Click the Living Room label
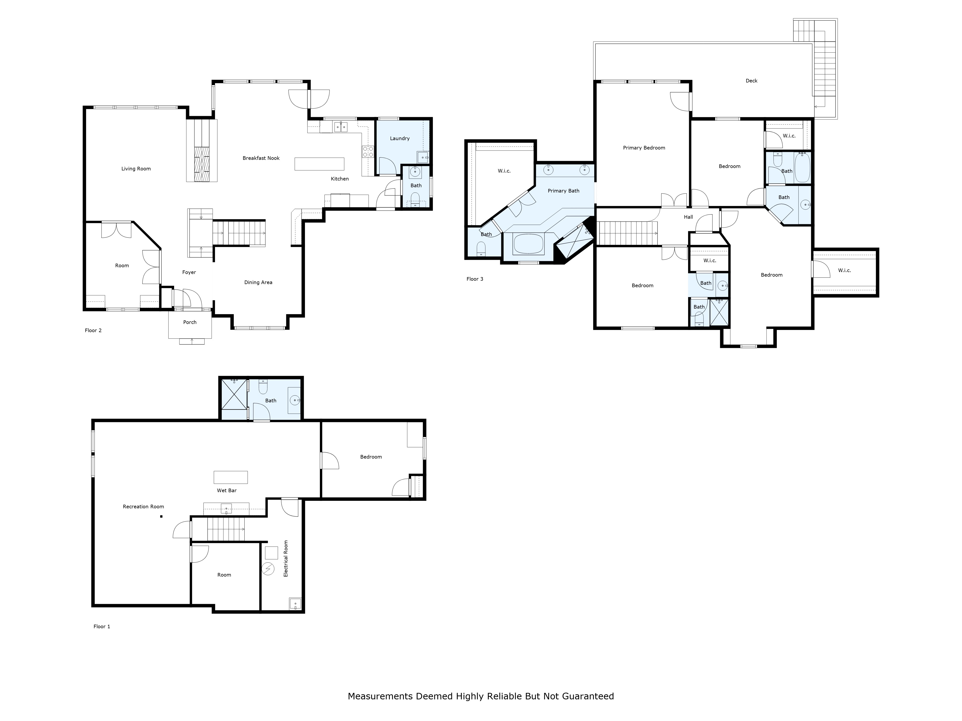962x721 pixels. pos(136,169)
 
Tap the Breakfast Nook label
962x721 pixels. pos(261,158)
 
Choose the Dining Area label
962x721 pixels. pos(258,282)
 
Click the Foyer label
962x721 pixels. pos(189,273)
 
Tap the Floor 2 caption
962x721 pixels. pos(93,330)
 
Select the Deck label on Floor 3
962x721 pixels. pos(752,81)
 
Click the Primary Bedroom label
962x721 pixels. pos(644,148)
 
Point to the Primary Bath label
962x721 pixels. pos(564,191)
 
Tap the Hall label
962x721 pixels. pos(689,217)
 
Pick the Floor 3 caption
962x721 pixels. pos(475,279)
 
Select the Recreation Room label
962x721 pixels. pos(144,507)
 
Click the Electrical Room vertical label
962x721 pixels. pos(286,559)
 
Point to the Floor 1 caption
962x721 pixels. pos(102,626)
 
